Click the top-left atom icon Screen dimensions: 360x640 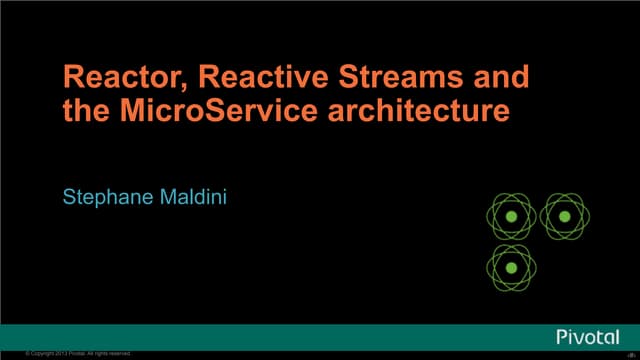(x=510, y=216)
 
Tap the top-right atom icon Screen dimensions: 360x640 (x=563, y=216)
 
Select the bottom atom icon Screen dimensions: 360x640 (x=510, y=268)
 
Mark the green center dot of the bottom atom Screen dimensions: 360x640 (x=510, y=268)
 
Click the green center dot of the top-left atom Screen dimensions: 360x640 (x=510, y=216)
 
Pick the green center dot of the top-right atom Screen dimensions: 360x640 (x=563, y=216)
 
